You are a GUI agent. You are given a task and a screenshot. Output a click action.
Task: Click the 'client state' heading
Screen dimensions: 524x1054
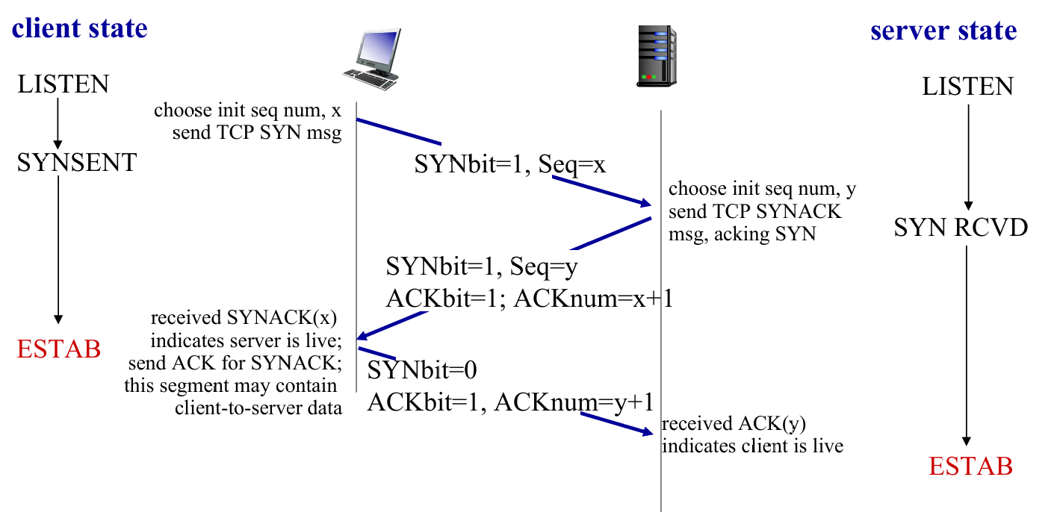79,28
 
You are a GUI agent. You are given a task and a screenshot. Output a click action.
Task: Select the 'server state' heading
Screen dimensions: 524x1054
943,31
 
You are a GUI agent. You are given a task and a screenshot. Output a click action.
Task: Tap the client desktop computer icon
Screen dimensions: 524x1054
372,59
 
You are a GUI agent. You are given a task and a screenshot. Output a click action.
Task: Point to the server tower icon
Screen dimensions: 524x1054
657,57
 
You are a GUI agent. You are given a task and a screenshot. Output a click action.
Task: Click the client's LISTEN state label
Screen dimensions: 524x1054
63,84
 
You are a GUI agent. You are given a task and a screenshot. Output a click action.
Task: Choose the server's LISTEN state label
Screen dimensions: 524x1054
967,87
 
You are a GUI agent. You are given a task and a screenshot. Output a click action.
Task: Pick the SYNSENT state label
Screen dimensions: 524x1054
77,162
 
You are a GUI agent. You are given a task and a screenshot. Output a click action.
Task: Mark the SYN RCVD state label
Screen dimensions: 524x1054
961,228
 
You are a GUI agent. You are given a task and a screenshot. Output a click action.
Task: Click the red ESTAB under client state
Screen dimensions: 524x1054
59,348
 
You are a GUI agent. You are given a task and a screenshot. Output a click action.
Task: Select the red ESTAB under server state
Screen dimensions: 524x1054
970,467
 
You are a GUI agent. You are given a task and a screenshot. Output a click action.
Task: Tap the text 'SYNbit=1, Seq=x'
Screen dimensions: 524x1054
509,164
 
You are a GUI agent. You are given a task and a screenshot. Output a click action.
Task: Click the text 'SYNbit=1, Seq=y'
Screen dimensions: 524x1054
482,266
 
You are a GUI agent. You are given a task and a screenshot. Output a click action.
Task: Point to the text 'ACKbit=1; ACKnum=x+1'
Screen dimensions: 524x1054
530,299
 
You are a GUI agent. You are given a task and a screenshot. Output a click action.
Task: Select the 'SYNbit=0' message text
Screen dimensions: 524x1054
422,369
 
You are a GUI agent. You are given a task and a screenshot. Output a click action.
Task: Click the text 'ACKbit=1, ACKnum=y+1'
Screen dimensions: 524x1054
510,402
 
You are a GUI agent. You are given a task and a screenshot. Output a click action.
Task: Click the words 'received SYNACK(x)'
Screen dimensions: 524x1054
244,319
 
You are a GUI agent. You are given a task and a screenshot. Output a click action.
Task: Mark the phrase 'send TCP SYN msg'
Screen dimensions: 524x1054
257,134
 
